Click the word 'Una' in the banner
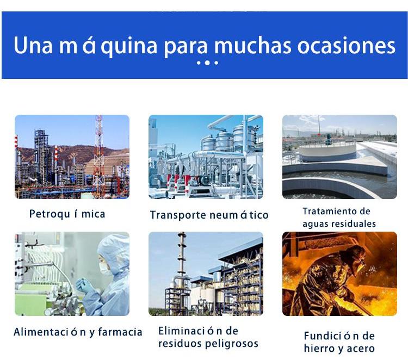tap(33, 46)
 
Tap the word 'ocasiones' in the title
tap(346, 46)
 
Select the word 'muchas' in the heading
tap(252, 46)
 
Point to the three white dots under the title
tap(207, 63)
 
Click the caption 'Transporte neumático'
tap(209, 215)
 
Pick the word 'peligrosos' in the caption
tap(232, 344)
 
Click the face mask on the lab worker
tap(106, 269)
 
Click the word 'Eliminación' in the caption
tap(190, 331)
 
